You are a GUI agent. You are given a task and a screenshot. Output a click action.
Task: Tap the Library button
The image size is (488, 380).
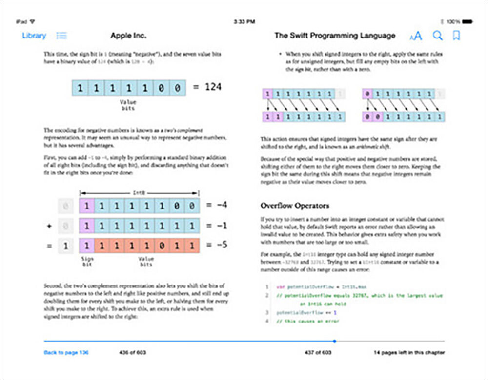click(34, 36)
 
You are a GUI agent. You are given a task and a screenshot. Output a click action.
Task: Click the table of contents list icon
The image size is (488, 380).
click(62, 36)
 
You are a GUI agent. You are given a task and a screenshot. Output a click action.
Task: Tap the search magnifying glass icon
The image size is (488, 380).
click(438, 36)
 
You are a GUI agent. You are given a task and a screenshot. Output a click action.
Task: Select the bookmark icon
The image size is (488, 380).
click(456, 36)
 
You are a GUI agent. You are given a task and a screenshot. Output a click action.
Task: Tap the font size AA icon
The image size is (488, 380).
click(416, 36)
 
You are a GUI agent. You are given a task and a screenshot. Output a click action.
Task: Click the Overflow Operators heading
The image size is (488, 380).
click(294, 205)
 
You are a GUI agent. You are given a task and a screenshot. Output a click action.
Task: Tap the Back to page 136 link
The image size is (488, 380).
click(66, 352)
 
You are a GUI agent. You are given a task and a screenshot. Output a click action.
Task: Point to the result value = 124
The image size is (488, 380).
click(207, 87)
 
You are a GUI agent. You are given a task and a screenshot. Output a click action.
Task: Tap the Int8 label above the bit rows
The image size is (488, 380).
click(139, 193)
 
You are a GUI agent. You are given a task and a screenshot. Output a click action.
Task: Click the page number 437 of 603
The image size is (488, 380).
click(318, 352)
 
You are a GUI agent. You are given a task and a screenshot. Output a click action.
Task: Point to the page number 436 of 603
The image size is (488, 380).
click(132, 352)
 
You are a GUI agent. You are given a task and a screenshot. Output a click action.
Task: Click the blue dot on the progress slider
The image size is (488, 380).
click(334, 341)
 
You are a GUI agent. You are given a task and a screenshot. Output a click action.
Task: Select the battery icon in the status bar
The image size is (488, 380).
click(467, 22)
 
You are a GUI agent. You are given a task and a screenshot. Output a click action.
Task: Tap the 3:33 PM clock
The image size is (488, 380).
click(244, 22)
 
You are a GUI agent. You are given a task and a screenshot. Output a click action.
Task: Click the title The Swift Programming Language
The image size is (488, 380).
click(334, 36)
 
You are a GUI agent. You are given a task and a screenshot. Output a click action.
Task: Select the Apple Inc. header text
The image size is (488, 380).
click(128, 36)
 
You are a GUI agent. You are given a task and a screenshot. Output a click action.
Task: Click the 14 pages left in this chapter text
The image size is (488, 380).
click(409, 352)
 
